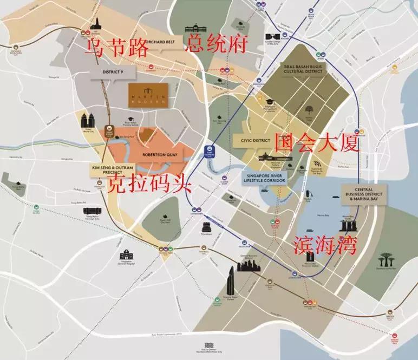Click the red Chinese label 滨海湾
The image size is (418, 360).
pyautogui.click(x=325, y=245)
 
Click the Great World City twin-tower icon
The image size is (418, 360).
pyautogui.click(x=88, y=120)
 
